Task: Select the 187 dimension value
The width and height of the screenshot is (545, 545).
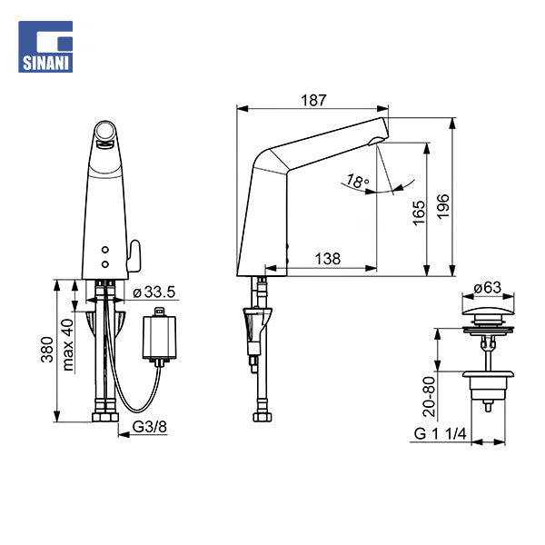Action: pyautogui.click(x=312, y=99)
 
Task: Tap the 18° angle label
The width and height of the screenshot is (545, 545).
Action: pyautogui.click(x=358, y=183)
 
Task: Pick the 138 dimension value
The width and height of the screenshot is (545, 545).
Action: pyautogui.click(x=328, y=259)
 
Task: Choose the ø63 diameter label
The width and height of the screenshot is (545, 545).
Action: pyautogui.click(x=488, y=288)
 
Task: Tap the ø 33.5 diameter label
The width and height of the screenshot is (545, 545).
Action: pyautogui.click(x=154, y=292)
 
